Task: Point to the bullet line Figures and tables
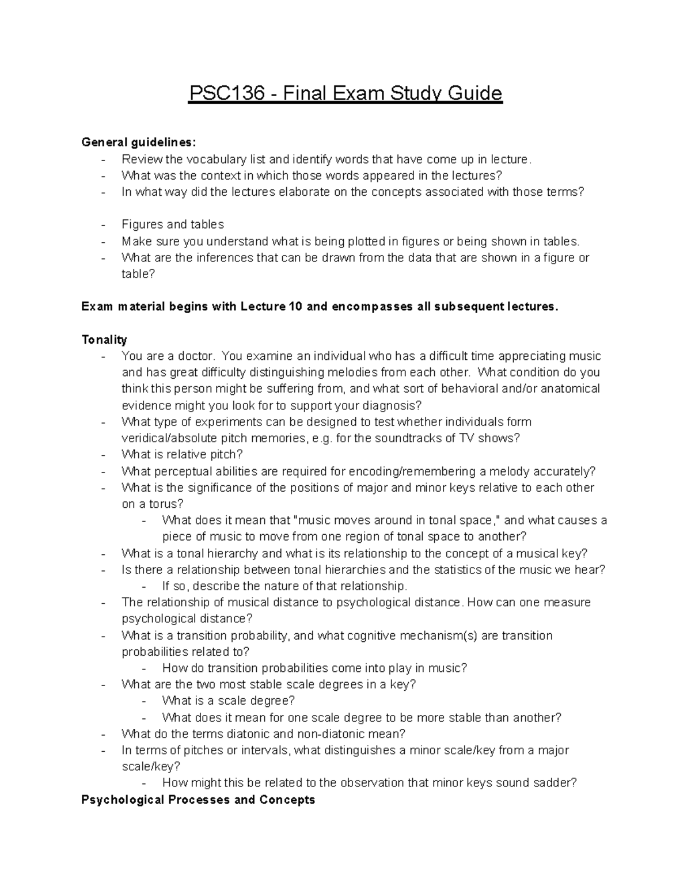173,225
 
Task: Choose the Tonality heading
104,340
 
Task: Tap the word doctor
196,356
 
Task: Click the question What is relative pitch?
182,454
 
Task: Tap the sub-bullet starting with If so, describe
284,586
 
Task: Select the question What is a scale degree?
229,701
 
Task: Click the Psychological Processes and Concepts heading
198,800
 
